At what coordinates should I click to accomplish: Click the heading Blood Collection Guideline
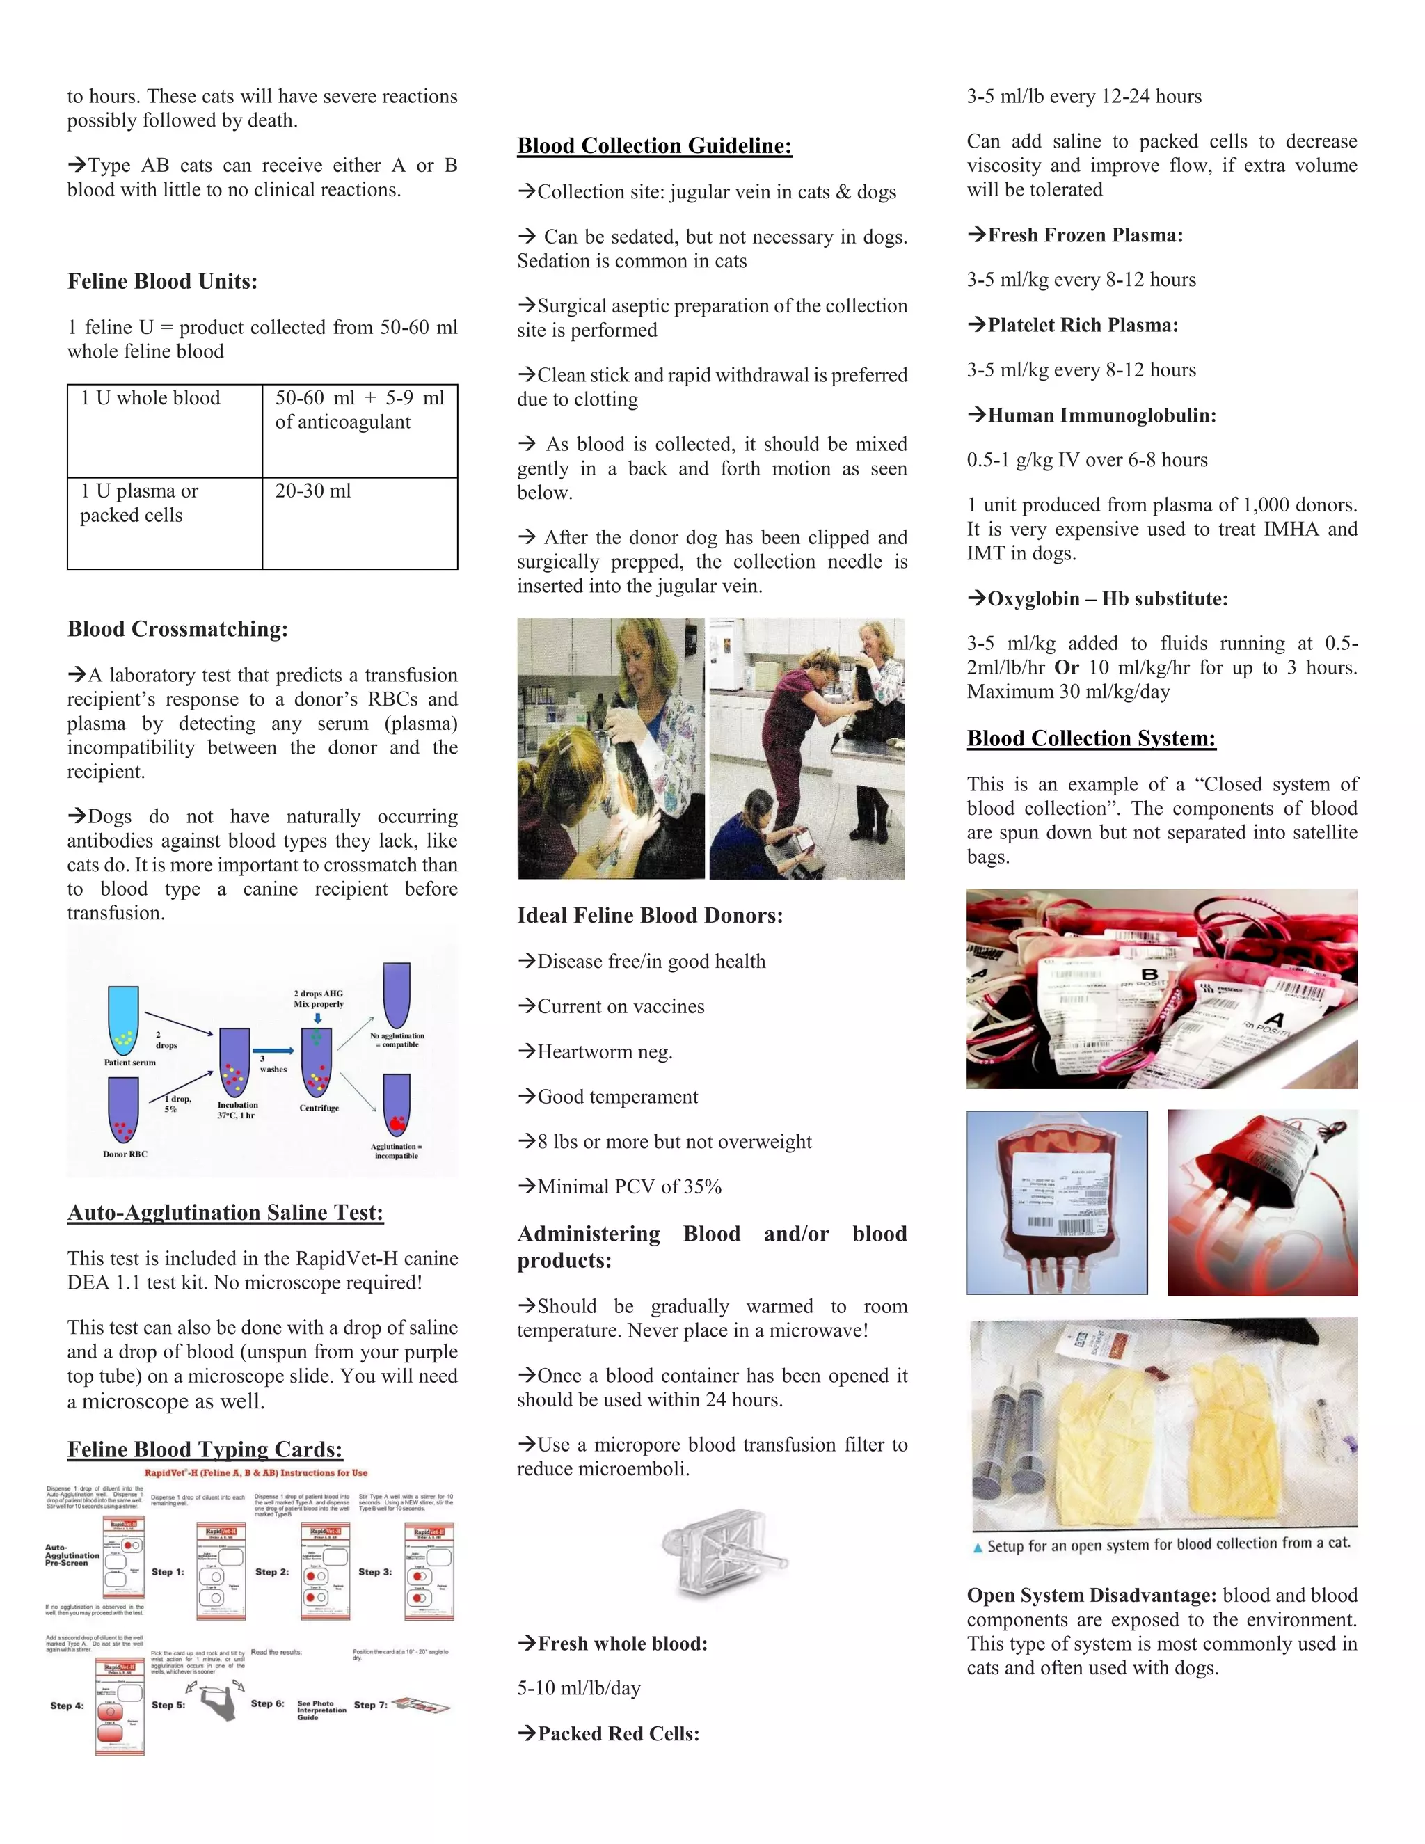point(654,146)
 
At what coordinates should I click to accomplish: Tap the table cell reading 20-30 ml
point(313,491)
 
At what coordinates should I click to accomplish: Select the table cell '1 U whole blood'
point(150,399)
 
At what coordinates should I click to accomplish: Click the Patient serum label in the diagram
point(129,1062)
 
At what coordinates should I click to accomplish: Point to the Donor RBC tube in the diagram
point(123,1109)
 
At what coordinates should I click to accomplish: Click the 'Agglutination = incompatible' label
point(396,1151)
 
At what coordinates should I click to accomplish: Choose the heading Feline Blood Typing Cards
point(205,1449)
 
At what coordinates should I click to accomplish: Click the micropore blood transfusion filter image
point(724,1555)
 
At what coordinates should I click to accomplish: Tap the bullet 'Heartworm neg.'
point(605,1052)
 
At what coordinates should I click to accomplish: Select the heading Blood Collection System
point(1091,739)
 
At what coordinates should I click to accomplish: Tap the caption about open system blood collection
point(1168,1544)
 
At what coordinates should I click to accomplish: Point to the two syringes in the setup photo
point(1010,1440)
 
